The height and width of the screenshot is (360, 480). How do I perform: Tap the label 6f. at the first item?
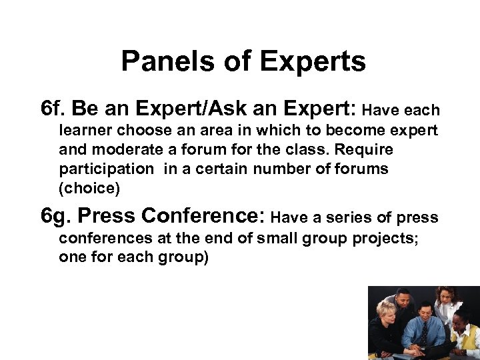[x=53, y=108]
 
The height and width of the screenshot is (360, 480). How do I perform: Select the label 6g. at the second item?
[x=56, y=217]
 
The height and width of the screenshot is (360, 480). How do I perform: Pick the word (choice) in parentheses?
[x=89, y=188]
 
